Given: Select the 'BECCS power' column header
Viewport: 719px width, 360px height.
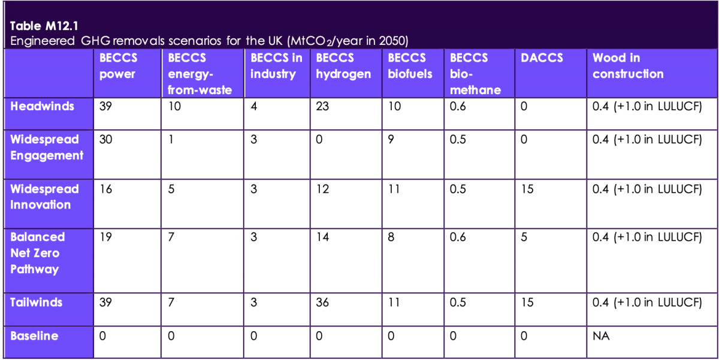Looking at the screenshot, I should coord(118,66).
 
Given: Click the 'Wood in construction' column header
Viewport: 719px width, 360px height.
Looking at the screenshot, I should coord(628,66).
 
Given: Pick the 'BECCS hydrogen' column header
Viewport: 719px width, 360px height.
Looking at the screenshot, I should coord(343,66).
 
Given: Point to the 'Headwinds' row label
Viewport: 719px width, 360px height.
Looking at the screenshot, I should coord(43,106).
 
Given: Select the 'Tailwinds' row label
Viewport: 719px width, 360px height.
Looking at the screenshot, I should coord(36,302).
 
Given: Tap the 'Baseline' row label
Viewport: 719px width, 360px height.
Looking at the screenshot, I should coord(34,336).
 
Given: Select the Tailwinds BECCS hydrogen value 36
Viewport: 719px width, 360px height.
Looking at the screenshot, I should coord(322,302).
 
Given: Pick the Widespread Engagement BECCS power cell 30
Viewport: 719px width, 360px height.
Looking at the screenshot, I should coord(106,140).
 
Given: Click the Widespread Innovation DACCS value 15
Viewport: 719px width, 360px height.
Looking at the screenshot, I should coord(527,189).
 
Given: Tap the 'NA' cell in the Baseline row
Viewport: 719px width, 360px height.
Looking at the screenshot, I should coord(601,337).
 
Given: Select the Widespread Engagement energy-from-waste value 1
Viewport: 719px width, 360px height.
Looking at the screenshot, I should coord(171,140).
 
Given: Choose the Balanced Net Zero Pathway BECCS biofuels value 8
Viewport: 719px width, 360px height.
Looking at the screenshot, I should coord(391,237).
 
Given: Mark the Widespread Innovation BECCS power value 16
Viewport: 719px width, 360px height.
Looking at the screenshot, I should coord(106,189).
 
